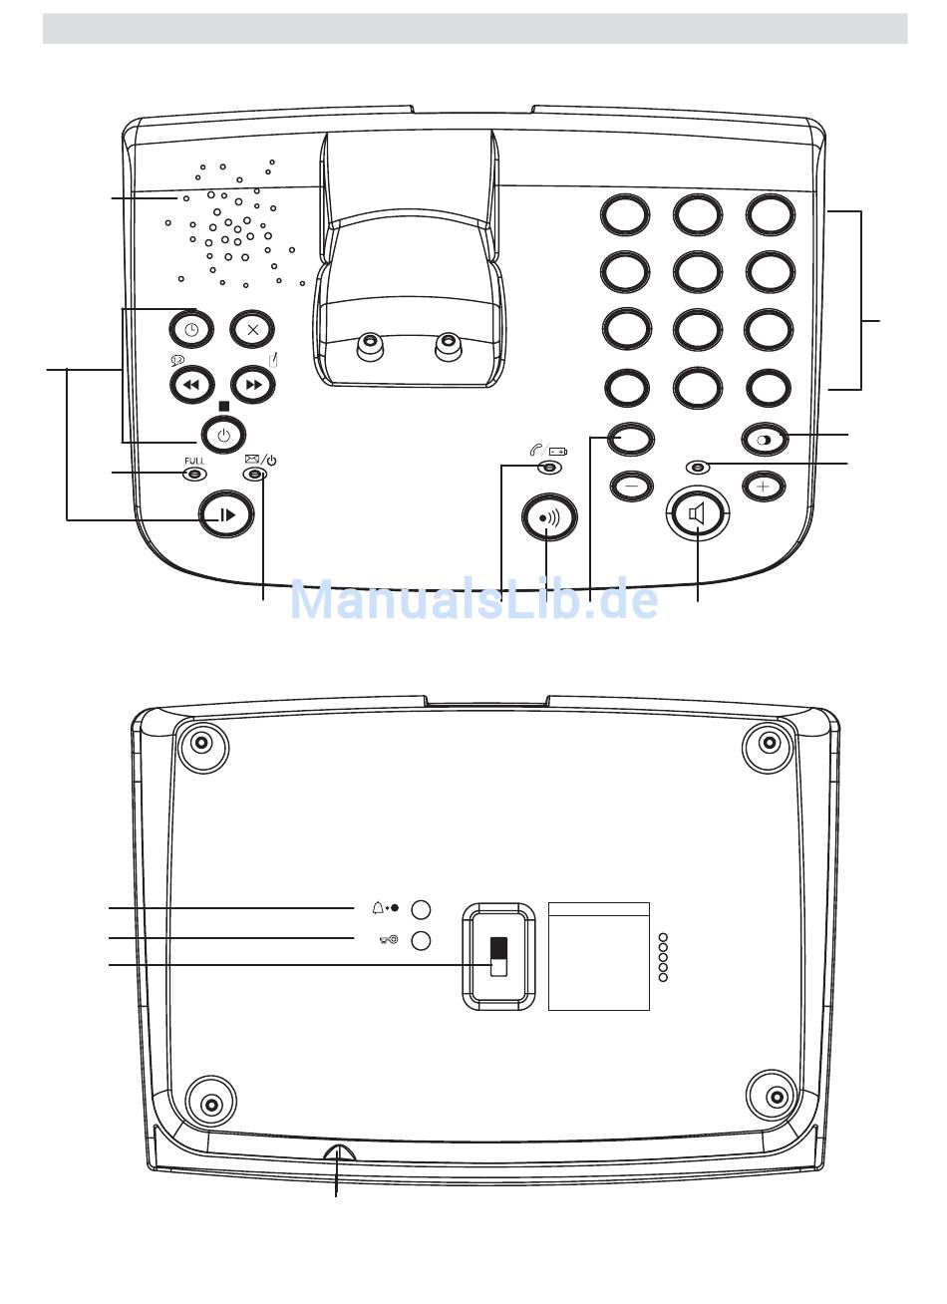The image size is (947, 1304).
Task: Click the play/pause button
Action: click(226, 514)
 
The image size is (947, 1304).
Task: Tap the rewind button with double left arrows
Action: click(191, 385)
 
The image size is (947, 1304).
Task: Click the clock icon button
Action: click(191, 330)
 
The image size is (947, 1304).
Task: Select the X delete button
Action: click(252, 330)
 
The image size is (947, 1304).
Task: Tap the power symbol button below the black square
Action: click(223, 435)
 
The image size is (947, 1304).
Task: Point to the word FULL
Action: click(194, 461)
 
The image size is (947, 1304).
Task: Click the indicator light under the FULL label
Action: click(195, 475)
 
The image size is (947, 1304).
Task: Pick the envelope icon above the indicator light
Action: click(252, 460)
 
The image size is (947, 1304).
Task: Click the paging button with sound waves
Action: click(549, 517)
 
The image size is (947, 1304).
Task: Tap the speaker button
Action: click(698, 514)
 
